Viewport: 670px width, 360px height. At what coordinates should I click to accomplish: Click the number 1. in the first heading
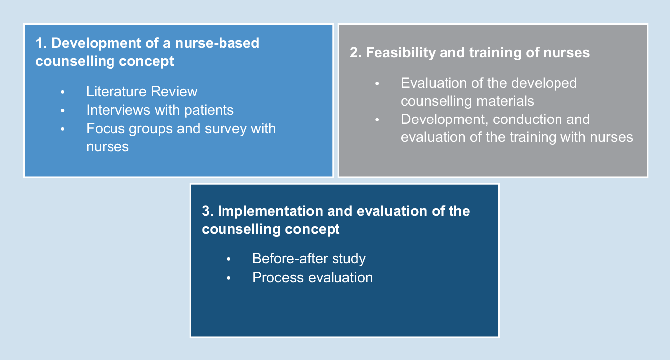tap(41, 43)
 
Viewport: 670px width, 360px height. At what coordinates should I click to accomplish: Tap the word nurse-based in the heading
tap(217, 43)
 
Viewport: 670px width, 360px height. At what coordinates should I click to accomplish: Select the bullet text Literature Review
tap(142, 91)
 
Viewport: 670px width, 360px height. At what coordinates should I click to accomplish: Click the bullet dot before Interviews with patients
tap(63, 111)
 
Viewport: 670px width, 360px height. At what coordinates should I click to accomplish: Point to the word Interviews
tap(118, 110)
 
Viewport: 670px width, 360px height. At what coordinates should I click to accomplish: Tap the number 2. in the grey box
tap(356, 53)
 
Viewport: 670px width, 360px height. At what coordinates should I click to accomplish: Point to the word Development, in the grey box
tap(445, 120)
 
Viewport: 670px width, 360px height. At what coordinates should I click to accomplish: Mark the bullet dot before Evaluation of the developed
tap(377, 84)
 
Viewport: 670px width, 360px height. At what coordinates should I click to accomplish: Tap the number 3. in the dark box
tap(208, 211)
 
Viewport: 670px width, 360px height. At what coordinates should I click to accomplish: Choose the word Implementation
tap(270, 211)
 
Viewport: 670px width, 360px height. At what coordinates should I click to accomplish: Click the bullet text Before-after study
tap(309, 259)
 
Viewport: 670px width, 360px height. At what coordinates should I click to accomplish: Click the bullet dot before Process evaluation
tap(229, 278)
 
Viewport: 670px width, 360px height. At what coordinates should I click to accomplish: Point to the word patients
tap(209, 110)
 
